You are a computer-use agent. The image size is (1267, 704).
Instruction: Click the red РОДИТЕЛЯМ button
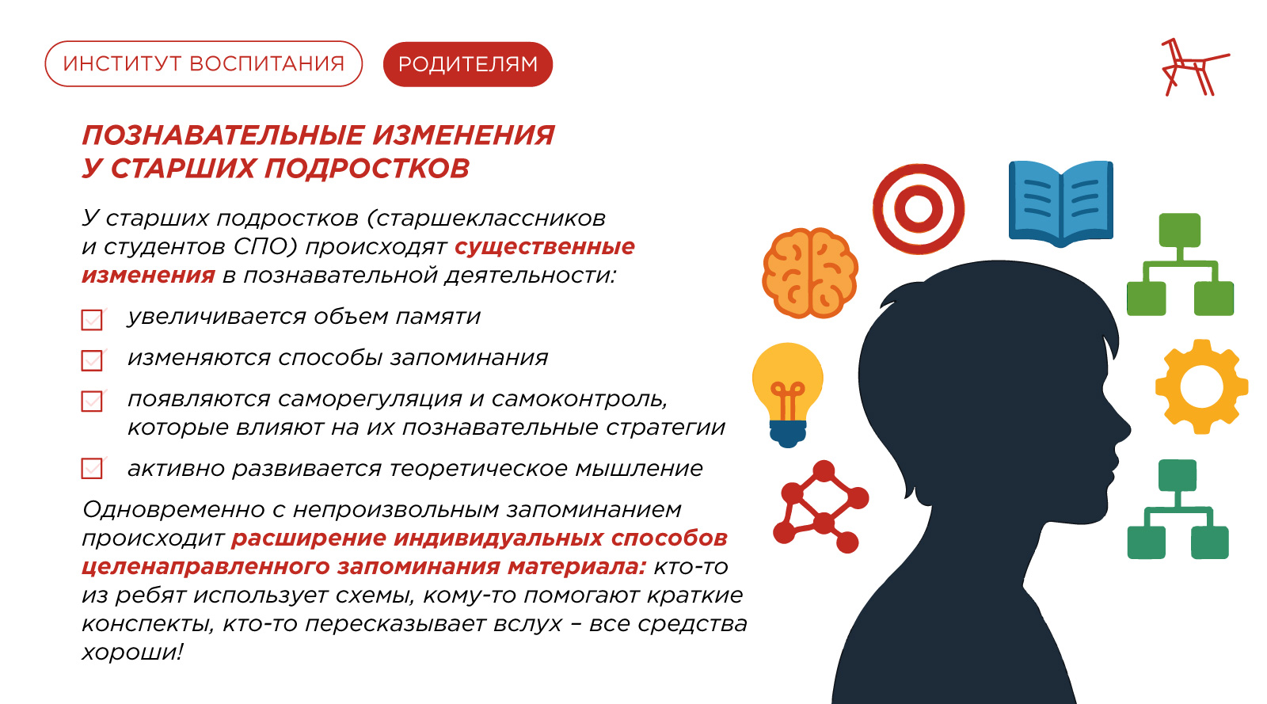point(468,64)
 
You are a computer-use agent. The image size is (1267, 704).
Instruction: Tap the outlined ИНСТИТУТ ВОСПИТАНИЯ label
point(204,64)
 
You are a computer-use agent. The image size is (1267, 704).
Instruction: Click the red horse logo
point(1193,67)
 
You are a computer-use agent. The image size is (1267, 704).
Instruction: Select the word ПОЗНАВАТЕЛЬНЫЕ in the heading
point(223,135)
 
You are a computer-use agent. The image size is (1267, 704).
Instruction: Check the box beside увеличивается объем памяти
point(92,319)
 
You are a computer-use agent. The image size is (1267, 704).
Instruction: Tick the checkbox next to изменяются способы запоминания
point(92,360)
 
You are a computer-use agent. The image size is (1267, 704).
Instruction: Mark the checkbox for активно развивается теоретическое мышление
point(92,468)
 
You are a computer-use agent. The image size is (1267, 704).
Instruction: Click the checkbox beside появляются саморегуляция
point(92,401)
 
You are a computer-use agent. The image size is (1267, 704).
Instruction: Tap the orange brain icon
point(810,272)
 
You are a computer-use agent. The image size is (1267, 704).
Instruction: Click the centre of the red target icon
point(918,209)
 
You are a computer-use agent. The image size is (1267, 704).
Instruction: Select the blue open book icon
point(1061,204)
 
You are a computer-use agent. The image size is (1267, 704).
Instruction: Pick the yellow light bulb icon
point(787,394)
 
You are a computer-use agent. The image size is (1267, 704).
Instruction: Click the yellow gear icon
point(1201,387)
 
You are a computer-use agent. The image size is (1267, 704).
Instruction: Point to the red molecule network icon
point(820,506)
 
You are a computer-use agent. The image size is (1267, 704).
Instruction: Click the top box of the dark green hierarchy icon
point(1178,476)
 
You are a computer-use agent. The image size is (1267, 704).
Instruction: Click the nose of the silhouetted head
point(1125,430)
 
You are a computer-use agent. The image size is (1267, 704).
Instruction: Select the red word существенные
point(545,246)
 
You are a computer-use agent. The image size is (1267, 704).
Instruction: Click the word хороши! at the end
point(132,652)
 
